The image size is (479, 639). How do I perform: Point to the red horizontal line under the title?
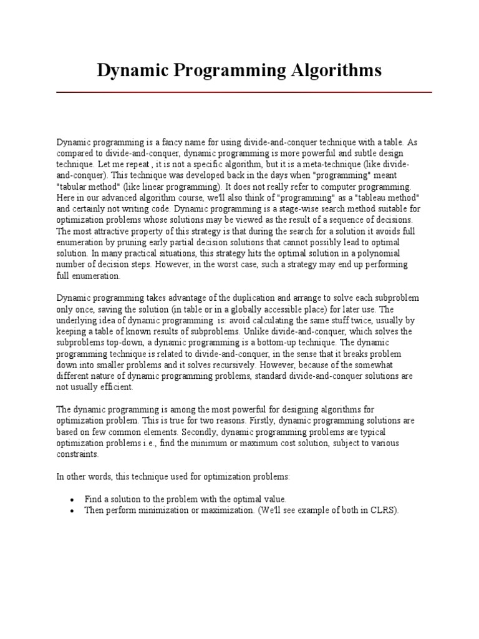pos(244,92)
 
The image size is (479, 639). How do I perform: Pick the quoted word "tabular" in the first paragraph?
pos(75,187)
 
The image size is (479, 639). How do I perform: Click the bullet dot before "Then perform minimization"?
pos(73,510)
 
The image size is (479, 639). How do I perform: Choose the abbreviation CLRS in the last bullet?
pos(382,509)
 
